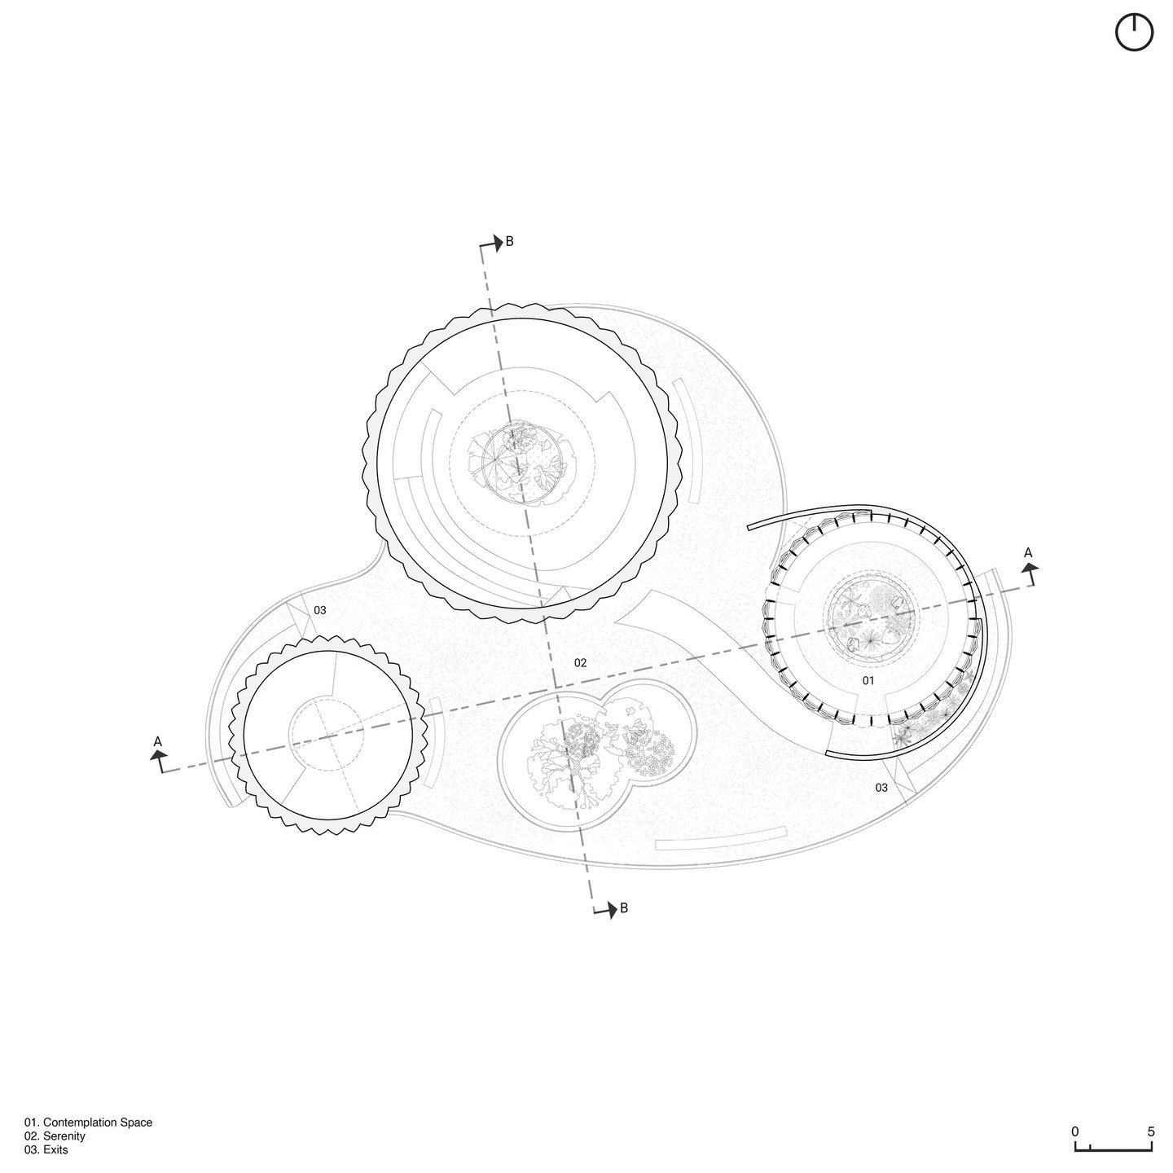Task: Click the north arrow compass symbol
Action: point(1134,33)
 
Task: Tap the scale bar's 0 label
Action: point(1075,1131)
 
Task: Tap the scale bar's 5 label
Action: point(1150,1131)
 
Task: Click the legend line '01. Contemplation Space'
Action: point(88,1122)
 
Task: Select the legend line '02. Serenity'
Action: point(55,1136)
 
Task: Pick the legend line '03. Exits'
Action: point(46,1150)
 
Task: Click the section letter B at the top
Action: point(509,242)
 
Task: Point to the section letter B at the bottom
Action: point(624,908)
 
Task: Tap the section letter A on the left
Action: point(158,741)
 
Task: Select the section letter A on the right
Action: point(1028,553)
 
